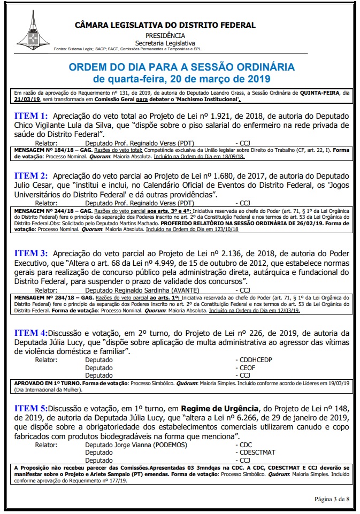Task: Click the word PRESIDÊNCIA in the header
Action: [165, 35]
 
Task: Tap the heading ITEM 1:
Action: [31, 116]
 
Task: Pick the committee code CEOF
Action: [248, 368]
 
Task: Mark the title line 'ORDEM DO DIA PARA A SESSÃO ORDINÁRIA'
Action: [181, 67]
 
